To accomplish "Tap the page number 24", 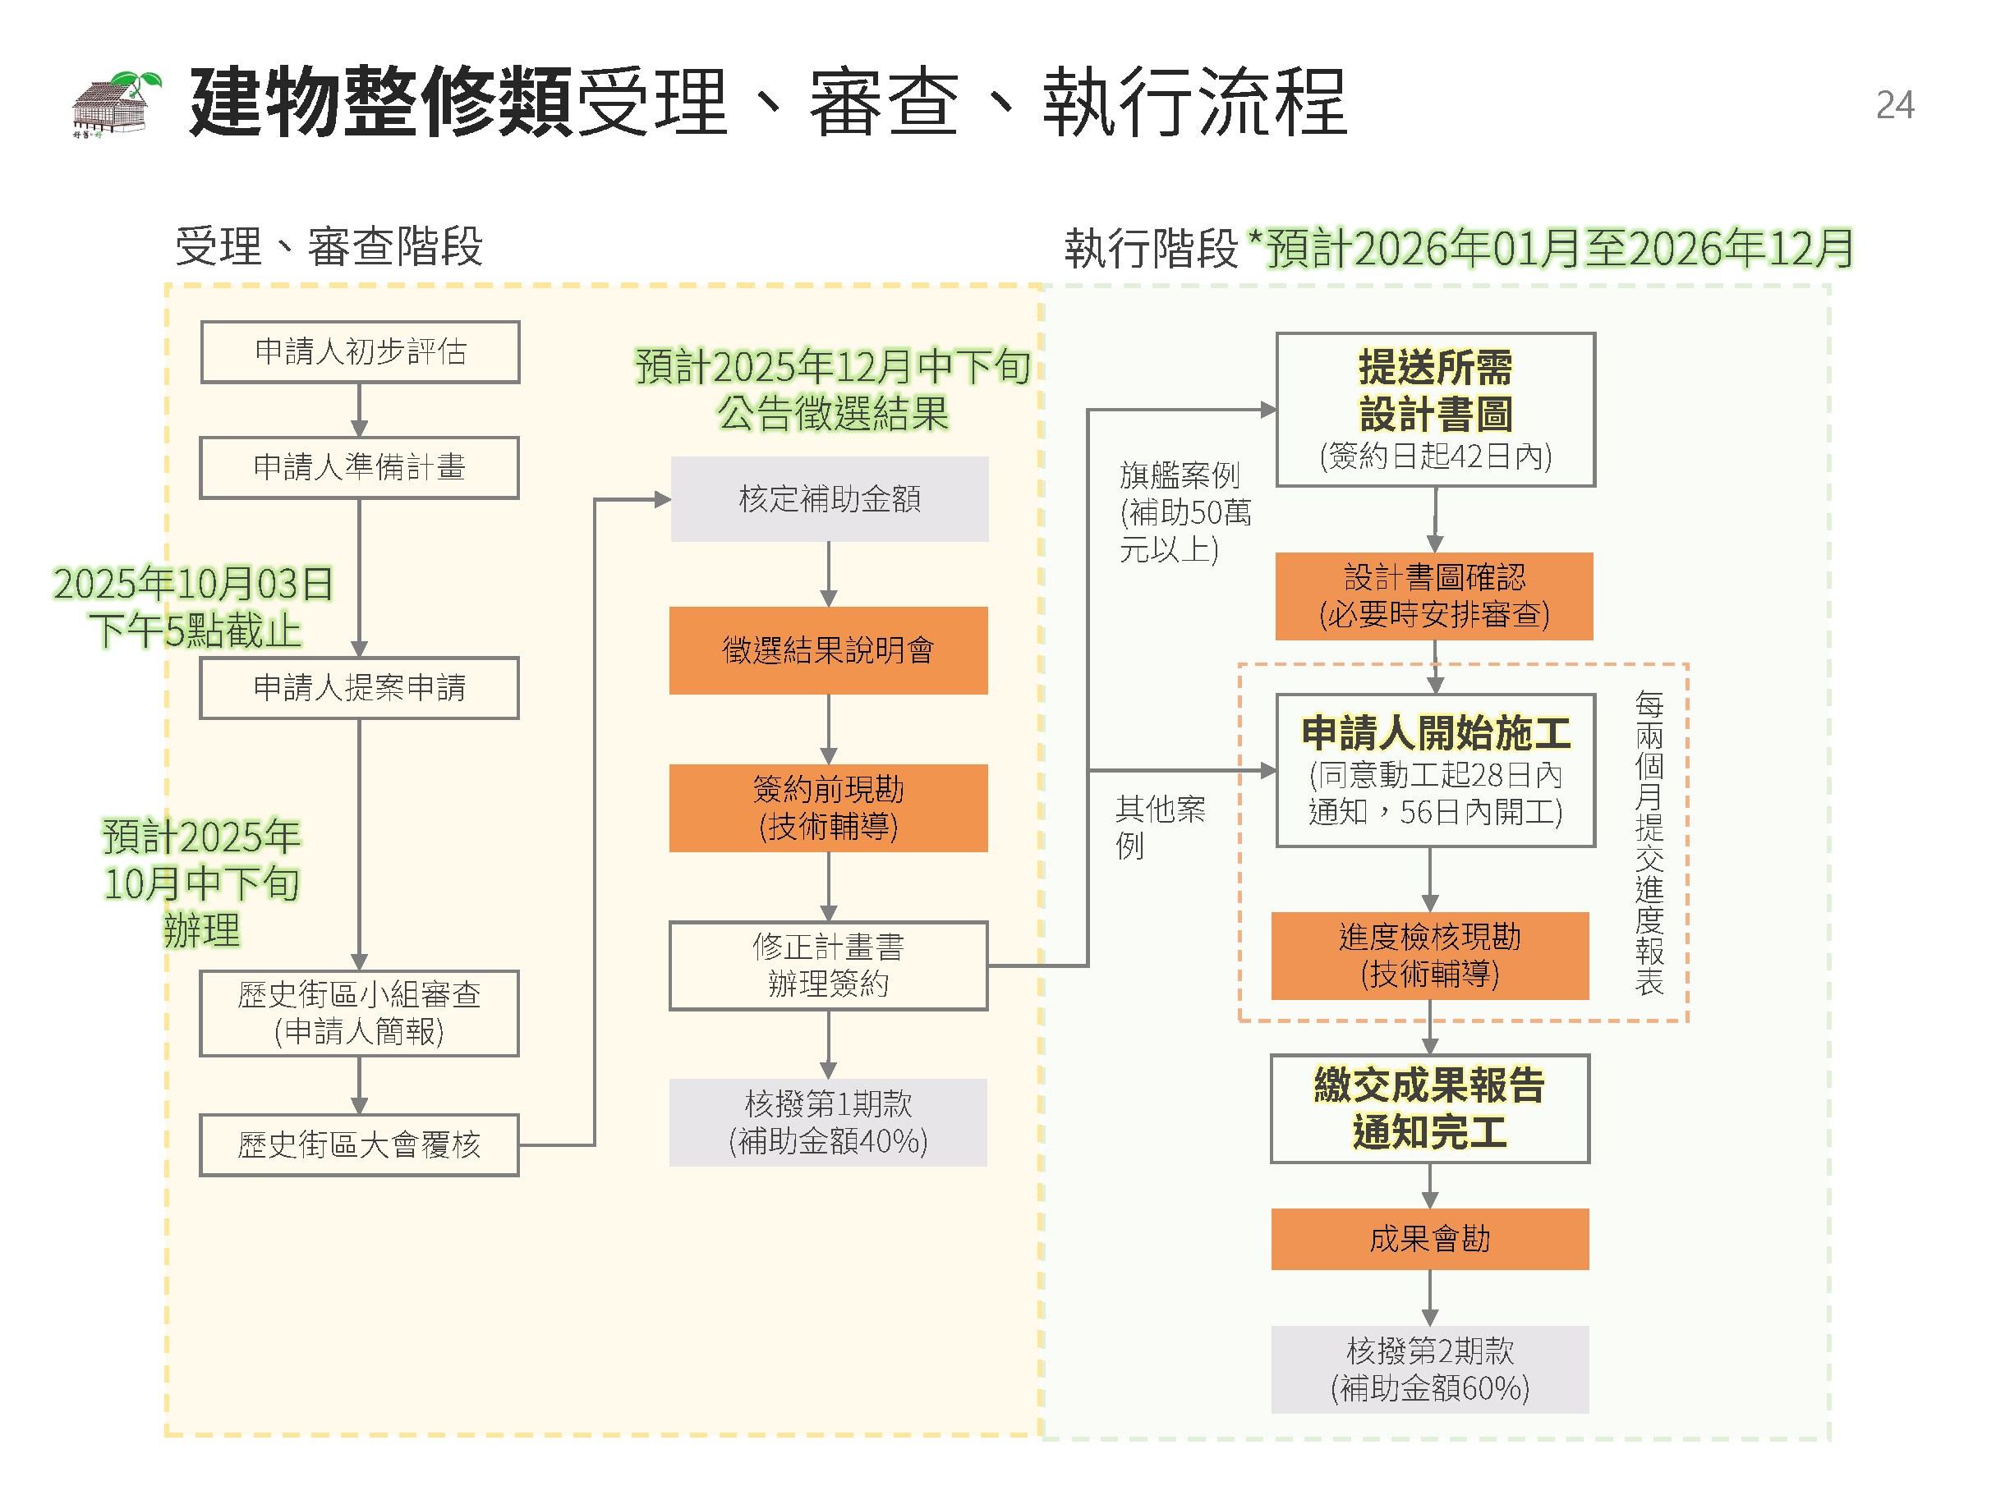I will point(1894,106).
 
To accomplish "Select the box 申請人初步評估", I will point(360,351).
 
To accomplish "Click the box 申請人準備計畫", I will point(359,467).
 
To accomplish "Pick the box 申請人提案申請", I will point(359,688).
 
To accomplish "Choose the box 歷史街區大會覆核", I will point(359,1144).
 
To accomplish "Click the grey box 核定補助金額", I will point(830,499).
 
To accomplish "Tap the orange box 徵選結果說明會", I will point(828,650).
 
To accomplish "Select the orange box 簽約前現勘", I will point(828,807).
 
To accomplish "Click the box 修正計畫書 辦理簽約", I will point(828,965).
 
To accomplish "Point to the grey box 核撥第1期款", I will point(828,1122).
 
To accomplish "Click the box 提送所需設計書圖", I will point(1435,410).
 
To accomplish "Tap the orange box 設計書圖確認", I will point(1434,596).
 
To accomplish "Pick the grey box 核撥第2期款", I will point(1429,1369).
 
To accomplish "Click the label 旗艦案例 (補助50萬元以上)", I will point(1183,511).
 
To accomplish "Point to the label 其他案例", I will point(1159,826).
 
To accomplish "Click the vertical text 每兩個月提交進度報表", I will point(1649,842).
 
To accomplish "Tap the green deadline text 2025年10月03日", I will point(193,585).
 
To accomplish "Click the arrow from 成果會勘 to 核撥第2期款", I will point(1429,1298).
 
